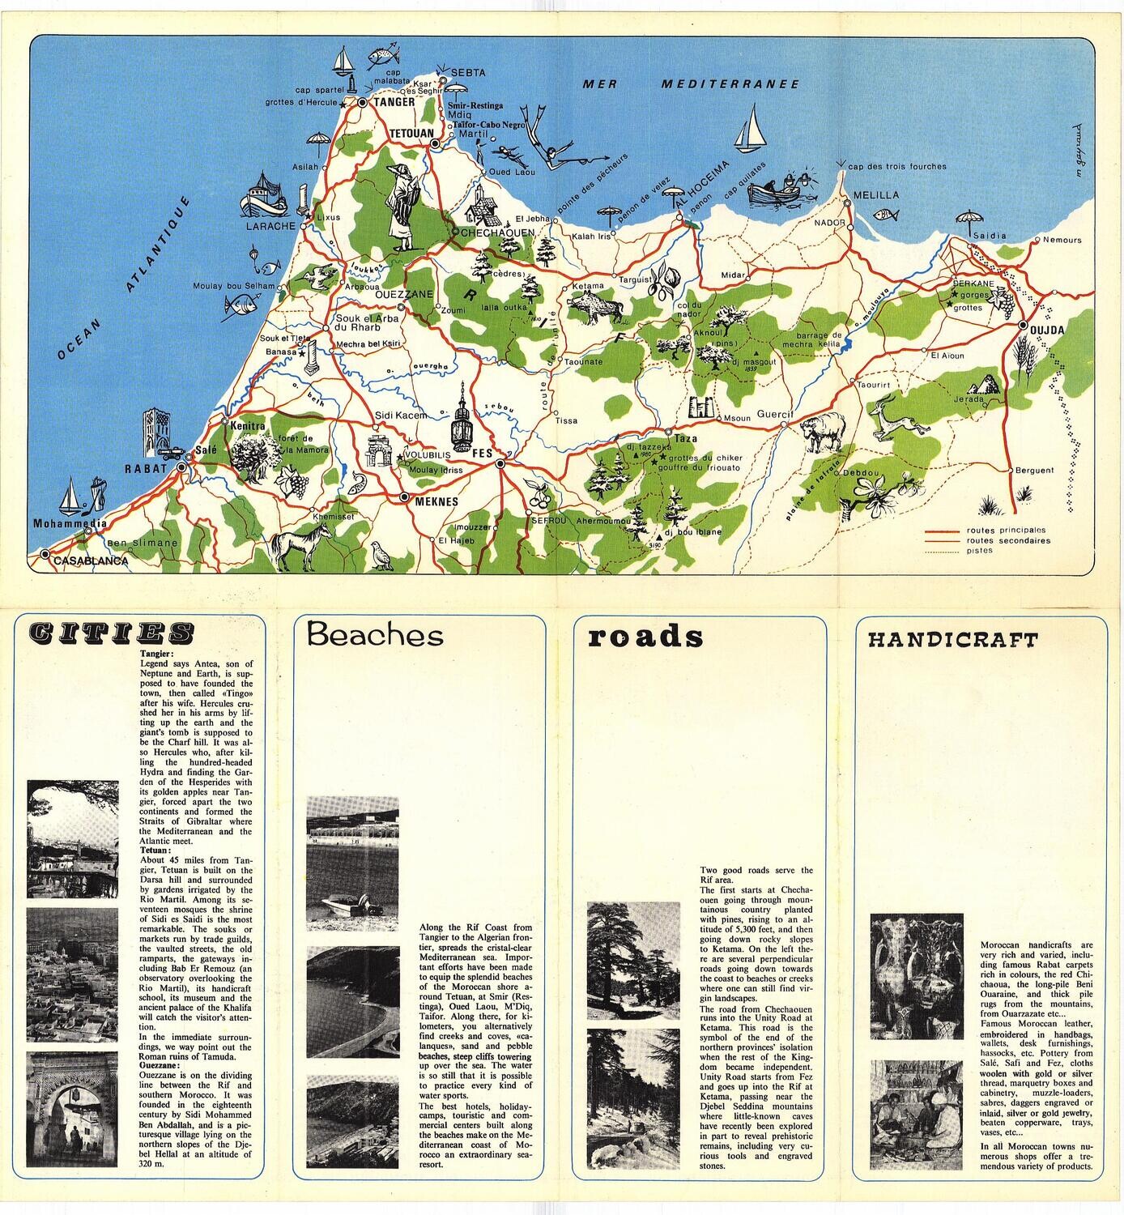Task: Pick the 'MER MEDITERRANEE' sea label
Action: click(x=691, y=83)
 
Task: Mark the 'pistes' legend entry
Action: click(x=979, y=551)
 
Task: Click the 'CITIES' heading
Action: click(x=110, y=633)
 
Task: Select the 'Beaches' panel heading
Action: click(x=375, y=634)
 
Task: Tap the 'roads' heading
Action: click(x=645, y=637)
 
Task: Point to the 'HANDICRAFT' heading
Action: click(x=952, y=640)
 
